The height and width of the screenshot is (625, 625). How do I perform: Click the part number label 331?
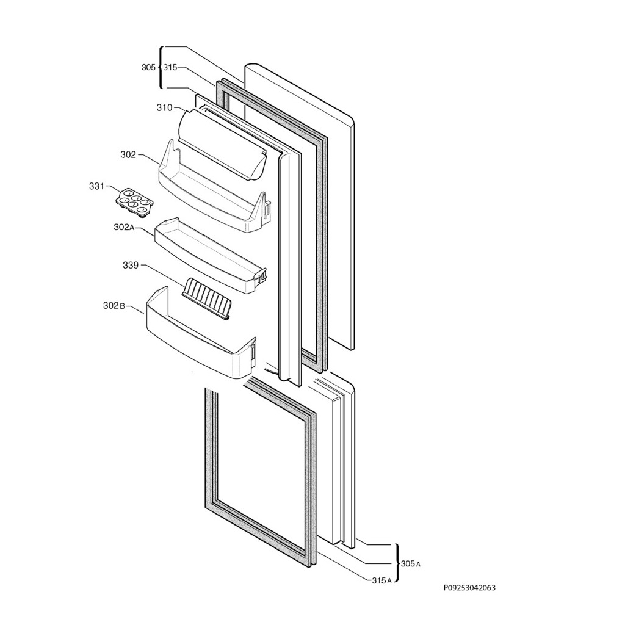(96, 186)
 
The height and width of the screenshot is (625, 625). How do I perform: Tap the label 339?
(130, 266)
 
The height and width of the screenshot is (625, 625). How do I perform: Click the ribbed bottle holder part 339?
(208, 298)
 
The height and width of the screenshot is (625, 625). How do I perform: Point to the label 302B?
(114, 305)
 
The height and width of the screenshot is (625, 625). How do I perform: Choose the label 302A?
(123, 227)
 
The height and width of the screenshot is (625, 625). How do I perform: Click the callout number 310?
(164, 108)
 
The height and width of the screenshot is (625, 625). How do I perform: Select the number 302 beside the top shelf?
(128, 155)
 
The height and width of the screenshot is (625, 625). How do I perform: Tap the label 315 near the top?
(170, 68)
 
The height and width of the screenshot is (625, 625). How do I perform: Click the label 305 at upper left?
(148, 68)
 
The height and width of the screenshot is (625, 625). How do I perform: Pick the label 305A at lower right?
(410, 563)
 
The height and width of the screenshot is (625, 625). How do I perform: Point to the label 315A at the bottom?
(381, 580)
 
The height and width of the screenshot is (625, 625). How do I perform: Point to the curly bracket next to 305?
(161, 68)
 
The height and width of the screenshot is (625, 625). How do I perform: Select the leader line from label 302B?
(135, 309)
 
